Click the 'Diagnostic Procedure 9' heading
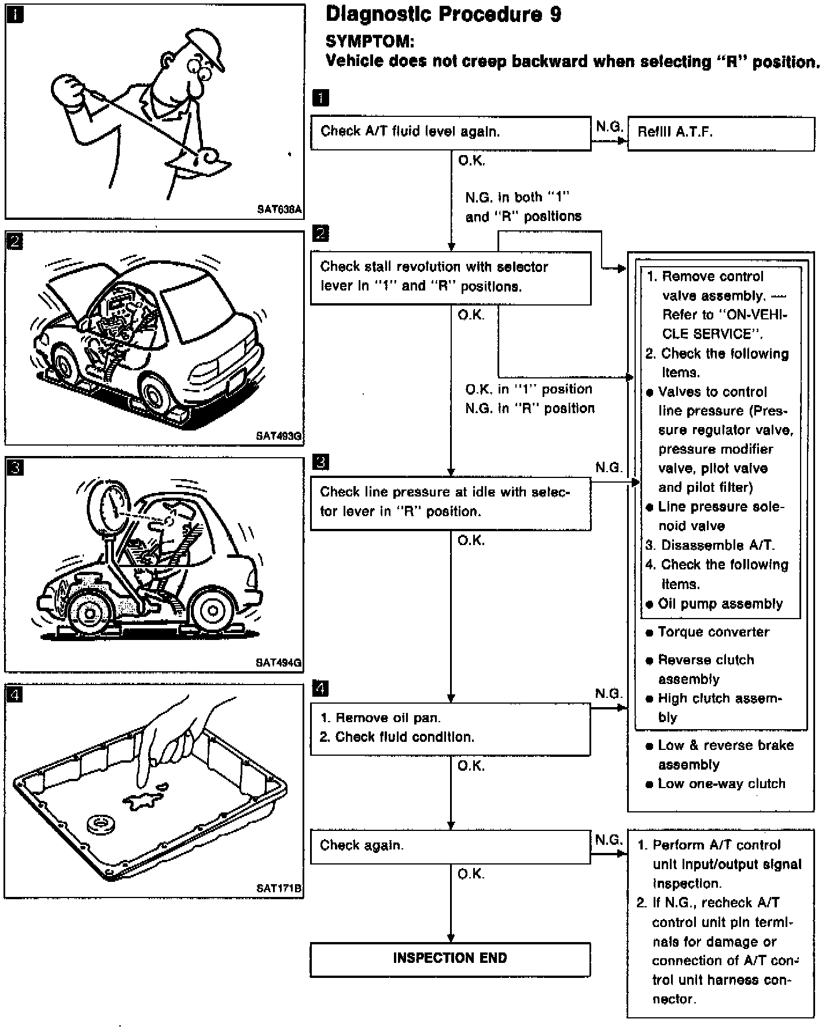[x=443, y=14]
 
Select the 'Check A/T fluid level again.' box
[x=451, y=133]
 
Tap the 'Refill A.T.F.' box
[x=721, y=133]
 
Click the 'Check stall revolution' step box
[x=451, y=277]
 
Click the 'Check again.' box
[x=451, y=847]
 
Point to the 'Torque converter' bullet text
[x=713, y=632]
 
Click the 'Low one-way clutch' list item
[x=721, y=784]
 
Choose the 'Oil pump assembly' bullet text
[x=720, y=604]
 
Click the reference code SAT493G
[x=279, y=436]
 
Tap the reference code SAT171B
[x=279, y=888]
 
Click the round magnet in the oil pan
[x=101, y=825]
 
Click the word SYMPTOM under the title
[x=370, y=42]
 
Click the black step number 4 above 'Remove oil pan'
[x=320, y=689]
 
